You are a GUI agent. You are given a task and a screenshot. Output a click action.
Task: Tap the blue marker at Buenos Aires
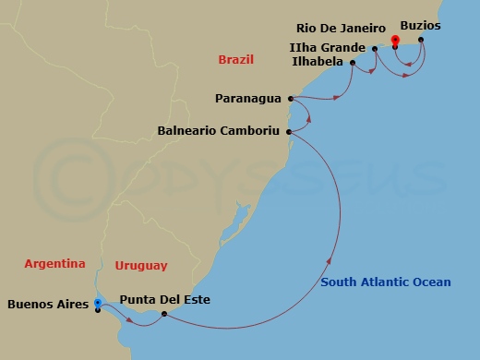pyautogui.click(x=98, y=302)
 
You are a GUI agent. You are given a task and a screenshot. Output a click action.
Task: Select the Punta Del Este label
pyautogui.click(x=165, y=300)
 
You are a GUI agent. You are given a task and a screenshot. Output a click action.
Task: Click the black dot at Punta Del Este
pyautogui.click(x=163, y=315)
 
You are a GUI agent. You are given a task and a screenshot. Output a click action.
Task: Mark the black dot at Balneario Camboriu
pyautogui.click(x=290, y=132)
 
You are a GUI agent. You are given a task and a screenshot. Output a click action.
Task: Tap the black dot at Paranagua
pyautogui.click(x=290, y=98)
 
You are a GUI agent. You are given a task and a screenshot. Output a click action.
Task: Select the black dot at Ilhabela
pyautogui.click(x=354, y=63)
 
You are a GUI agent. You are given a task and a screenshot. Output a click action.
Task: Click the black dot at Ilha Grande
pyautogui.click(x=375, y=48)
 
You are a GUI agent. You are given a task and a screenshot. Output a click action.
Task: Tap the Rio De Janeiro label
pyautogui.click(x=339, y=27)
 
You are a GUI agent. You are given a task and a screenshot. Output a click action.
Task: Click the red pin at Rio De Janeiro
pyautogui.click(x=394, y=41)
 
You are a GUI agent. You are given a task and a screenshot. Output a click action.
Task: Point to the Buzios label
pyautogui.click(x=423, y=27)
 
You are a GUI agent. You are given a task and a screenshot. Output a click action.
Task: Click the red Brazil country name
pyautogui.click(x=235, y=60)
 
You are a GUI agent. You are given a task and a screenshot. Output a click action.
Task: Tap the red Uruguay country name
pyautogui.click(x=141, y=266)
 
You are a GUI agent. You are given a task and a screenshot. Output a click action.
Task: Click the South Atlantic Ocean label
pyautogui.click(x=386, y=282)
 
